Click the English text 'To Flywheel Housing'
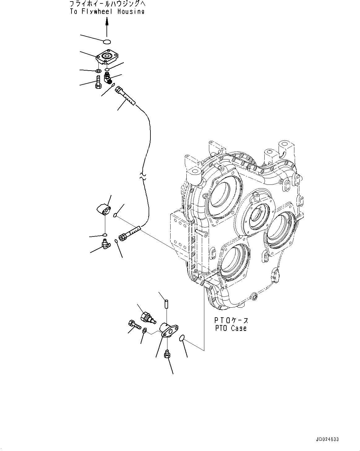[107, 12]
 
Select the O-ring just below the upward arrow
[107, 41]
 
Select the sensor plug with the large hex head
[147, 318]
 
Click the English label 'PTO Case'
[231, 328]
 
